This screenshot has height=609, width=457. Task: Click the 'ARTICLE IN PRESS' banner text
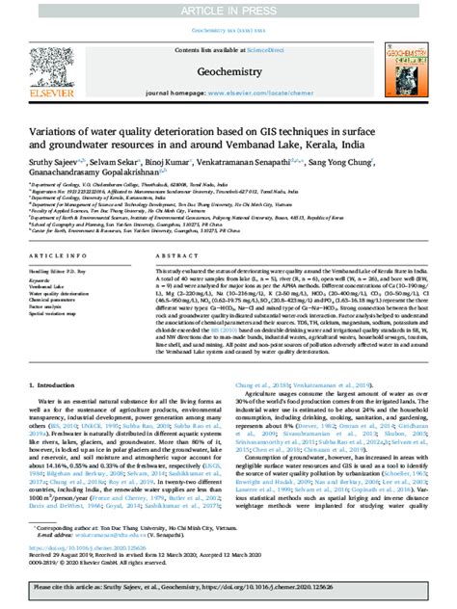(228, 10)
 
